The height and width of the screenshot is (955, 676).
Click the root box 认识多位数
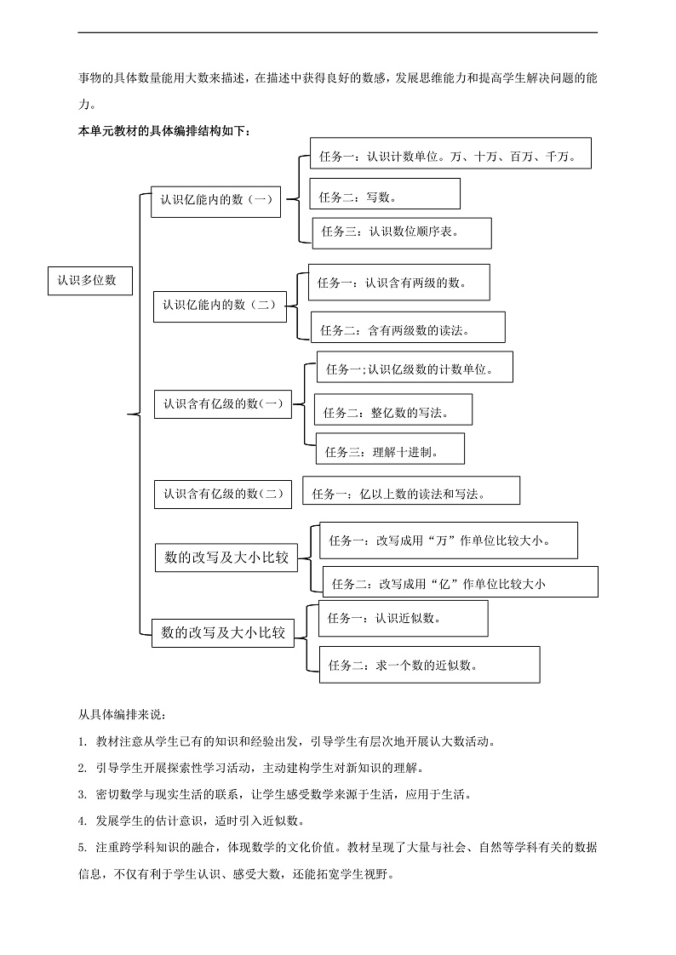[89, 279]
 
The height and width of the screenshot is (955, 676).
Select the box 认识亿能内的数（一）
[215, 201]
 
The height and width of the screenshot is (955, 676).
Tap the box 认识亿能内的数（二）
[220, 306]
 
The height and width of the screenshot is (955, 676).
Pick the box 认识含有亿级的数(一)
[223, 404]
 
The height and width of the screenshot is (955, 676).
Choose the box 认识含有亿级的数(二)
[222, 494]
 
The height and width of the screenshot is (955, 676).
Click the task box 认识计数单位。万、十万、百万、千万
[450, 157]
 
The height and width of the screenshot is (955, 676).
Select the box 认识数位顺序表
[402, 232]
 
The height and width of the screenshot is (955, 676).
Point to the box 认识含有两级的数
[398, 282]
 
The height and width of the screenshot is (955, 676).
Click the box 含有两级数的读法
[408, 329]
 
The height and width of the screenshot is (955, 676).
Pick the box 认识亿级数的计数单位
[415, 369]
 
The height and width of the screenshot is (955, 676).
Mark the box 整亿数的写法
[392, 411]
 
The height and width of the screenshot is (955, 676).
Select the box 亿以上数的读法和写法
[410, 492]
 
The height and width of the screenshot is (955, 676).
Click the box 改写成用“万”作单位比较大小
[448, 540]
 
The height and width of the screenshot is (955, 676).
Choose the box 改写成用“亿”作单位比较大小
[460, 582]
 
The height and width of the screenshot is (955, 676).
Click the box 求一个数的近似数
[429, 665]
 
